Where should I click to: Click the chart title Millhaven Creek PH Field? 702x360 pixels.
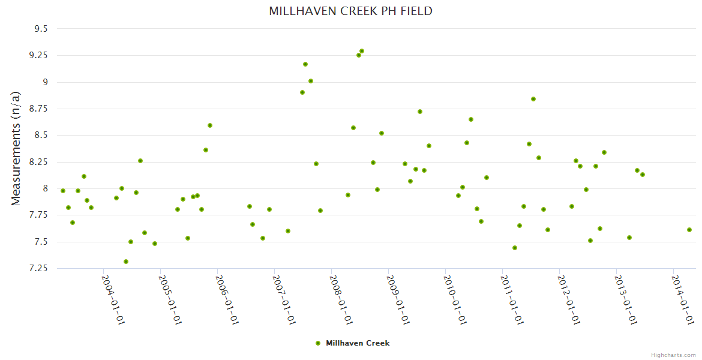pyautogui.click(x=350, y=11)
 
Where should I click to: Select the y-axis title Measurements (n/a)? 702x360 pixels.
pyautogui.click(x=17, y=148)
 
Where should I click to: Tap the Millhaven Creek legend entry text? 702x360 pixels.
pyautogui.click(x=358, y=343)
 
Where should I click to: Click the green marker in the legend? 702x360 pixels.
pyautogui.click(x=318, y=343)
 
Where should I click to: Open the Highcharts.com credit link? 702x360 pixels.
pyautogui.click(x=673, y=355)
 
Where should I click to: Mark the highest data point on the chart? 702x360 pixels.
pyautogui.click(x=362, y=51)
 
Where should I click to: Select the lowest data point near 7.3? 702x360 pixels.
pyautogui.click(x=126, y=262)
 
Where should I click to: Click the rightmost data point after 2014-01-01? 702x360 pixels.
pyautogui.click(x=689, y=230)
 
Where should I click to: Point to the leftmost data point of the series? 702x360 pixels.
pyautogui.click(x=63, y=191)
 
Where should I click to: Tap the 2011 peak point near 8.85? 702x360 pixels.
pyautogui.click(x=533, y=99)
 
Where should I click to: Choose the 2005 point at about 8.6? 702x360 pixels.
pyautogui.click(x=210, y=125)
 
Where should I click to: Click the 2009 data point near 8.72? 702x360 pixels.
pyautogui.click(x=420, y=112)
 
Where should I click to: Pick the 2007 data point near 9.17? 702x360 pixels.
pyautogui.click(x=305, y=64)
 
